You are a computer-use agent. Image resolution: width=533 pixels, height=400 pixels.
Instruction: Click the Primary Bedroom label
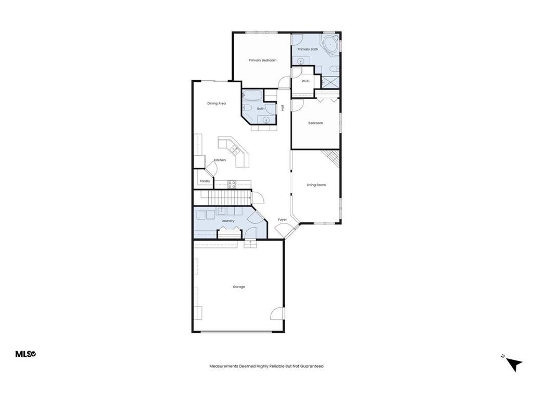[x=262, y=60]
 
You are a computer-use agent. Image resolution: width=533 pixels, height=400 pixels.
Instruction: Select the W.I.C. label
[x=306, y=81]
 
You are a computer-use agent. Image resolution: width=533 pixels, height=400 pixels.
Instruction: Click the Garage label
[x=239, y=287]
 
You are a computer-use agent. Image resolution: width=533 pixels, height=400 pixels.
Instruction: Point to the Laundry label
[x=228, y=220]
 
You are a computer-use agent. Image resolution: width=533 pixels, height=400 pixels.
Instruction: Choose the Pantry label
[x=205, y=181]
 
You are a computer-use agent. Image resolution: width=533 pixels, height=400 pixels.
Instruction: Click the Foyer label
[x=282, y=220]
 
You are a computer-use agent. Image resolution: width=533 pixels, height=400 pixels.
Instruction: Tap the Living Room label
[x=316, y=185]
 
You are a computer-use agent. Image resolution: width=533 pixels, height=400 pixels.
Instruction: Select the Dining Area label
[x=217, y=104]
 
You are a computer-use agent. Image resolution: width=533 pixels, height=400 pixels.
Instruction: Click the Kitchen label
[x=220, y=160]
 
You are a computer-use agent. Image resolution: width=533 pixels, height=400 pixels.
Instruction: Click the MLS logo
[x=25, y=354]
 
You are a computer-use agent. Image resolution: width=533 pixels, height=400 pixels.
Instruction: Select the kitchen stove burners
[x=232, y=184]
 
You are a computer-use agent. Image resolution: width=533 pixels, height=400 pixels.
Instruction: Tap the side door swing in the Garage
[x=278, y=314]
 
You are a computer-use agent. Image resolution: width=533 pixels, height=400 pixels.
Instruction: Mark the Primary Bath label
[x=308, y=49]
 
